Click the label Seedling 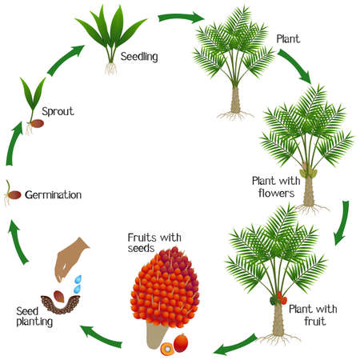(138, 57)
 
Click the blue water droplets (78, 284)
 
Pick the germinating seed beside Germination (10, 194)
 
